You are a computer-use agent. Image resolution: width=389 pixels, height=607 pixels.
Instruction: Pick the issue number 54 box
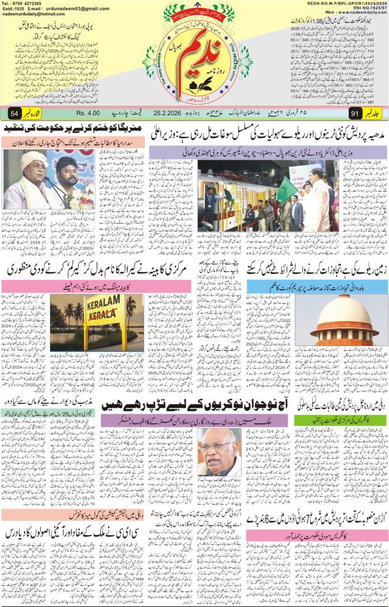click(x=13, y=114)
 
